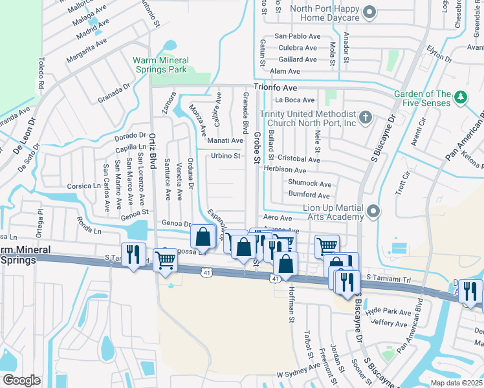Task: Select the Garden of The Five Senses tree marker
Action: tap(461, 97)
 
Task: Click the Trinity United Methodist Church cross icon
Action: tap(366, 118)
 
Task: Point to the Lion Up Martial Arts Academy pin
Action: tap(372, 211)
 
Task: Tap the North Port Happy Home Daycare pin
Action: tap(369, 12)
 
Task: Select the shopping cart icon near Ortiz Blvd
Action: tap(166, 260)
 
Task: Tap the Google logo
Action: tap(22, 380)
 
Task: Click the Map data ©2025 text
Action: tap(456, 383)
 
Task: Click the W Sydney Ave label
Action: tap(298, 374)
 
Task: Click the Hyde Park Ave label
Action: tap(388, 312)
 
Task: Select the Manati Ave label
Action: tap(225, 140)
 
